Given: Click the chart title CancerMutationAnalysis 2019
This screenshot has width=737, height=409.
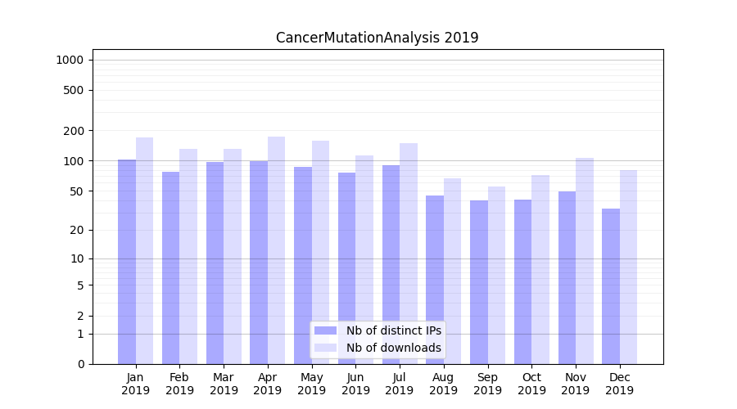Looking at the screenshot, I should [377, 38].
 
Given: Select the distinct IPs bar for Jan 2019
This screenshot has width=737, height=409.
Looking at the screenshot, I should [127, 262].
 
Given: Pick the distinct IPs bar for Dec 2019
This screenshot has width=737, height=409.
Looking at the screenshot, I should [611, 286].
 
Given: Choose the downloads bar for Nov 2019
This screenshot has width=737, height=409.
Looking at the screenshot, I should [585, 261].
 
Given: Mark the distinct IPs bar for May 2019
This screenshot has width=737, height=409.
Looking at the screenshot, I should [303, 265].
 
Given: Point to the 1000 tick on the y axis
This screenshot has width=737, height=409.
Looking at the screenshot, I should [70, 60].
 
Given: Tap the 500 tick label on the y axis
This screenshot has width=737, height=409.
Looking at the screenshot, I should [74, 90].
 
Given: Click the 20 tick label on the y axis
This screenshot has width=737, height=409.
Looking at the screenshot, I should [77, 230].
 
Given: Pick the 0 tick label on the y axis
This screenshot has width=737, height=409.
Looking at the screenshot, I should [80, 364].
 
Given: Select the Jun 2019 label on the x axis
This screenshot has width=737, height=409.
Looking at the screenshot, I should [355, 384].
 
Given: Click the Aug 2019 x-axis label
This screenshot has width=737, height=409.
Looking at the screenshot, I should [444, 384].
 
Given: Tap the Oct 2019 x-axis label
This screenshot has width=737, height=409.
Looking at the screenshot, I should [531, 384].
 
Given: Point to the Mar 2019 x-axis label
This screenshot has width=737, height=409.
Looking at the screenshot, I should [224, 384].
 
